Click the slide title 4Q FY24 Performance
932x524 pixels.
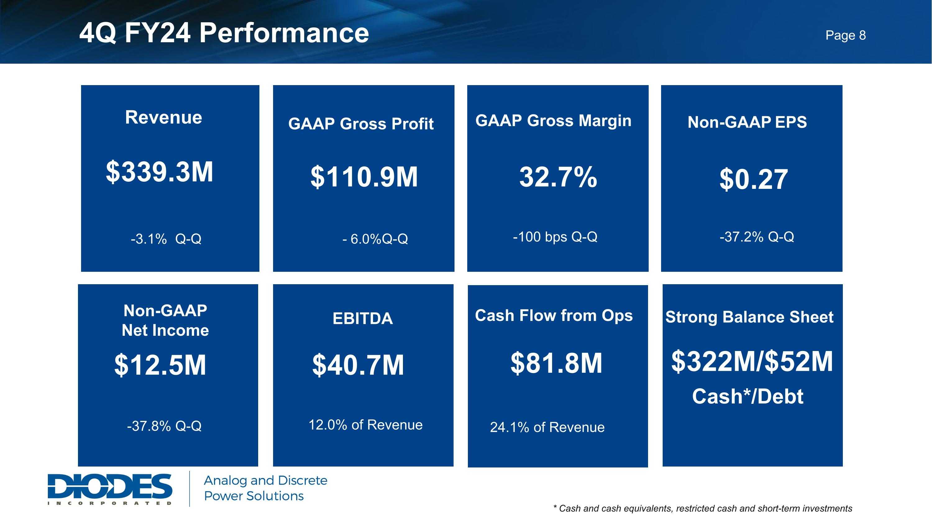click(x=224, y=33)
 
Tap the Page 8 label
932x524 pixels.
click(x=846, y=35)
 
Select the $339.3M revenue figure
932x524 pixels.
click(x=160, y=172)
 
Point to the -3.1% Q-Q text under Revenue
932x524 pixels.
click(x=166, y=239)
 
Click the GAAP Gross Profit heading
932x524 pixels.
click(x=361, y=124)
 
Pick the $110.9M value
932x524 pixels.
click(x=364, y=177)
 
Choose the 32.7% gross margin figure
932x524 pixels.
click(x=558, y=177)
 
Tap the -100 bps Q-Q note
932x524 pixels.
click(x=555, y=237)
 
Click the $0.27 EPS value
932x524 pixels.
click(x=753, y=179)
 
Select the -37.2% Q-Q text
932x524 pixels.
click(x=756, y=237)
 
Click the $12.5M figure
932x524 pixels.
click(x=160, y=365)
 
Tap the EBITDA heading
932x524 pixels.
click(x=363, y=319)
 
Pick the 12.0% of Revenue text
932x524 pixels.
click(x=365, y=425)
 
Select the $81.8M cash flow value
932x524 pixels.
click(x=556, y=363)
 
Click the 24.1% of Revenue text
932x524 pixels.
click(x=547, y=427)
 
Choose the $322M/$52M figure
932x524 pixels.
click(x=752, y=361)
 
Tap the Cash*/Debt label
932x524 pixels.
click(x=747, y=396)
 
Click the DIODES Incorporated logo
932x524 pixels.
click(x=110, y=489)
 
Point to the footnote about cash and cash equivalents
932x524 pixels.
click(x=703, y=508)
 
